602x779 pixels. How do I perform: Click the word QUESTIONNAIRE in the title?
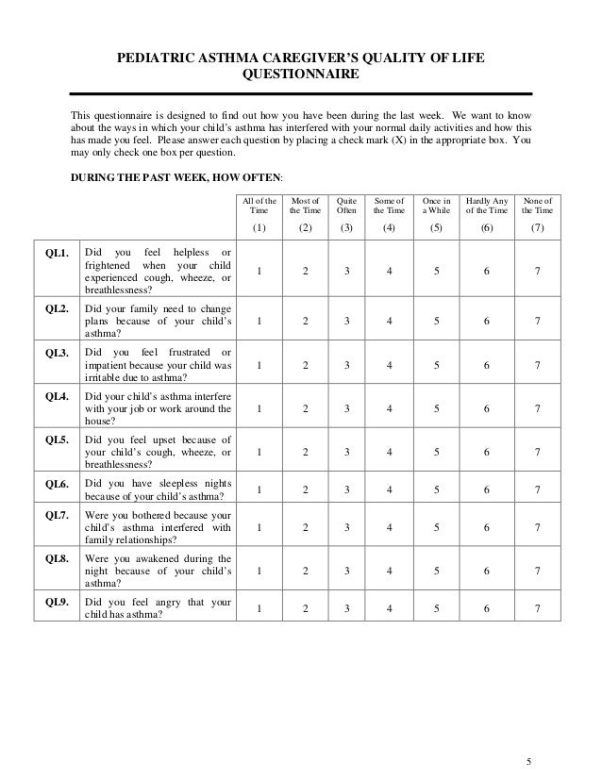click(301, 75)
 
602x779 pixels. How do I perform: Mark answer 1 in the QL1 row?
click(259, 273)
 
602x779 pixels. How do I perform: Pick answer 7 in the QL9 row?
click(537, 609)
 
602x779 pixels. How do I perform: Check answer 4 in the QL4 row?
click(390, 408)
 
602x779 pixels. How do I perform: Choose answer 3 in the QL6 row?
click(347, 490)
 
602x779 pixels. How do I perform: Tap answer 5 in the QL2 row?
click(435, 321)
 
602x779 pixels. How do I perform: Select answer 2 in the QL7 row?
click(304, 530)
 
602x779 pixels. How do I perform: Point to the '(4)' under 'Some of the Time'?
click(390, 228)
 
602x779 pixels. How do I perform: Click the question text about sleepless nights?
click(158, 490)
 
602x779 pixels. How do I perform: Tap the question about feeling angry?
click(158, 609)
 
